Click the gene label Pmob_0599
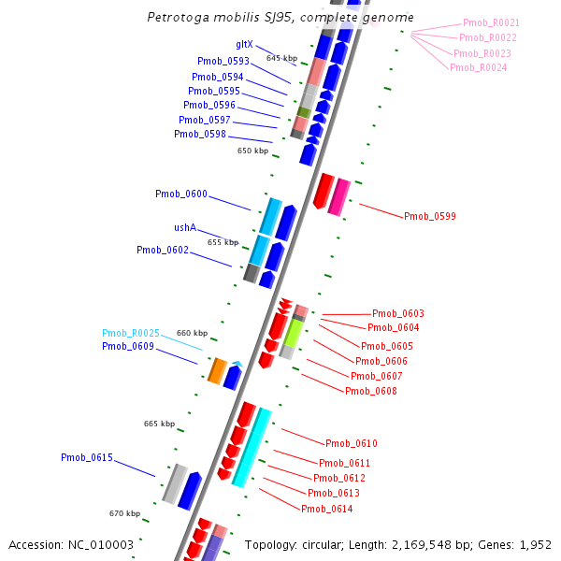[429, 216]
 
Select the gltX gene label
[244, 44]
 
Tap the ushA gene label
[185, 227]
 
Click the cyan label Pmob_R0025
[131, 333]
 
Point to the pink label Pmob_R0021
[491, 22]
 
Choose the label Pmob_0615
[87, 457]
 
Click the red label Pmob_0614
[326, 509]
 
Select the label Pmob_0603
[397, 313]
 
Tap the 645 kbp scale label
[281, 58]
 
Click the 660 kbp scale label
[192, 333]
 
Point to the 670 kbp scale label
[124, 513]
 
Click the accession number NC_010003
[98, 544]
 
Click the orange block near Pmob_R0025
[216, 371]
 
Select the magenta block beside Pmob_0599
[340, 197]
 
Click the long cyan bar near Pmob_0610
[252, 447]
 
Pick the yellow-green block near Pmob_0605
[294, 334]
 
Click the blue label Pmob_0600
[181, 194]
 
